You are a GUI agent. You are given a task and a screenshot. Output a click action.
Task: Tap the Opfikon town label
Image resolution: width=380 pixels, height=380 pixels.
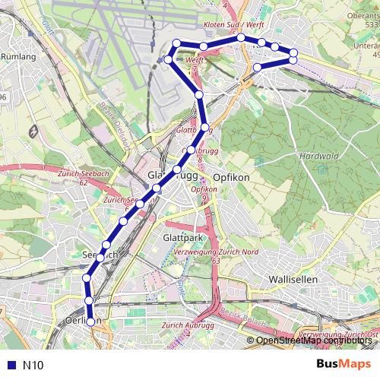click(x=231, y=176)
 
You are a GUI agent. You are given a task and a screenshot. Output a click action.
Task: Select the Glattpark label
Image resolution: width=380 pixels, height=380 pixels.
click(x=181, y=238)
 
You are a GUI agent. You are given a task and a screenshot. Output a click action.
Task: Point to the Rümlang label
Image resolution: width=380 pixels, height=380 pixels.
click(x=18, y=56)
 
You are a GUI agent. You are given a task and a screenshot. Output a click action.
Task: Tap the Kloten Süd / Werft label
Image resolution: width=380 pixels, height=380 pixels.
click(x=233, y=25)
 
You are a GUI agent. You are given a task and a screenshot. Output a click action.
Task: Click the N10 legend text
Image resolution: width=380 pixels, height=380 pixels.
click(x=33, y=366)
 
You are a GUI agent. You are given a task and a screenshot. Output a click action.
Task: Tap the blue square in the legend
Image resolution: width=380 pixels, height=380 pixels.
click(x=10, y=366)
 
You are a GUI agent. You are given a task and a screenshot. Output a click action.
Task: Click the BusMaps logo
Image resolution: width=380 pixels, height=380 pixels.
click(x=344, y=365)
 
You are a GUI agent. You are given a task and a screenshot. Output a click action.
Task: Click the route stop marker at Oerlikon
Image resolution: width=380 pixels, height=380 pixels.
click(x=91, y=321)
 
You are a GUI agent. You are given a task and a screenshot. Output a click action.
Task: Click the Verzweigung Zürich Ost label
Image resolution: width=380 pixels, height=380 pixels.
click(x=339, y=335)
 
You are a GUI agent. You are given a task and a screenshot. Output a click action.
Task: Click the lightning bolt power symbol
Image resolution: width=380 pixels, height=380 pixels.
click(x=33, y=131)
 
